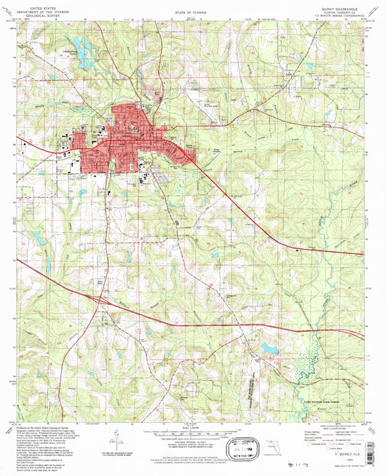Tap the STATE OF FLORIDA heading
192,12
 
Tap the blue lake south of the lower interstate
270,348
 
